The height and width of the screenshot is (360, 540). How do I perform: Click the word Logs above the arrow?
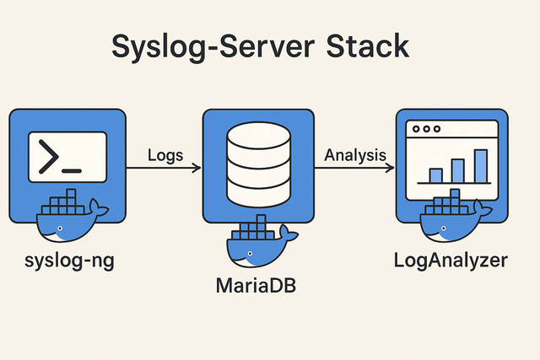[x=165, y=155]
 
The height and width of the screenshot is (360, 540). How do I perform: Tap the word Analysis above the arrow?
[x=355, y=155]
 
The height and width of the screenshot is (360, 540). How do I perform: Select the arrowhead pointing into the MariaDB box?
[x=197, y=168]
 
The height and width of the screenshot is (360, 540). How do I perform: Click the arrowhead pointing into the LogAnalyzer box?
[x=390, y=168]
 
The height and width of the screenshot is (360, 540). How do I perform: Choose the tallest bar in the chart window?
[x=480, y=165]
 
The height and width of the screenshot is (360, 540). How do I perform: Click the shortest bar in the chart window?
[x=435, y=175]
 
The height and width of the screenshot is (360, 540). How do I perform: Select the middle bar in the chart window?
[x=458, y=170]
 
